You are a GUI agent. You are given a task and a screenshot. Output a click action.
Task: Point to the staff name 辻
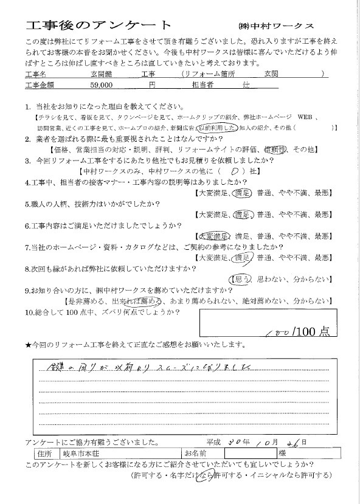pyautogui.click(x=246, y=87)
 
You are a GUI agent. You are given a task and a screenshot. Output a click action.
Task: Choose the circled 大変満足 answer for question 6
pyautogui.click(x=213, y=236)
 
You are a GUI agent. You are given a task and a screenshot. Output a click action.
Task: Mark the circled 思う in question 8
pyautogui.click(x=237, y=279)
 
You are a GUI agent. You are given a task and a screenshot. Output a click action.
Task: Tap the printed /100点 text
pyautogui.click(x=311, y=331)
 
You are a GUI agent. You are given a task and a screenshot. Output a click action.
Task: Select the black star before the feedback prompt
pyautogui.click(x=28, y=345)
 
